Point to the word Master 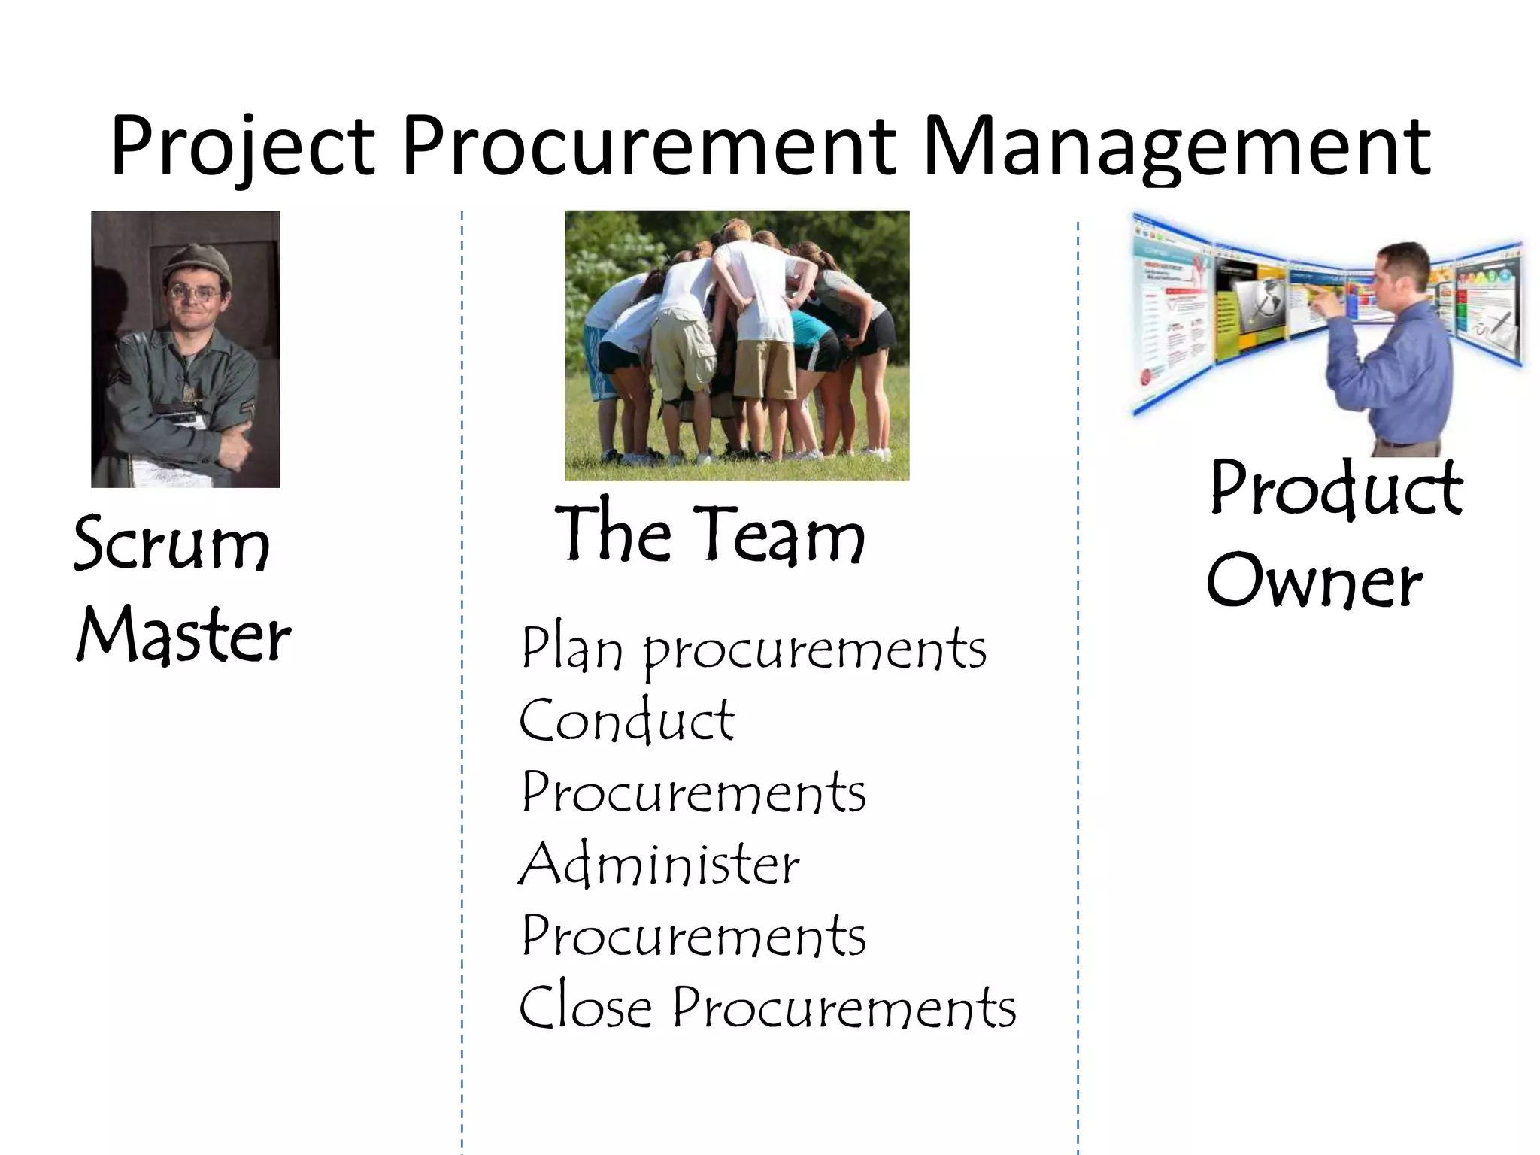183,635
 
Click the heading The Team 710,534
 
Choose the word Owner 1314,581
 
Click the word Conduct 626,720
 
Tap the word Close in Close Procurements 585,1007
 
